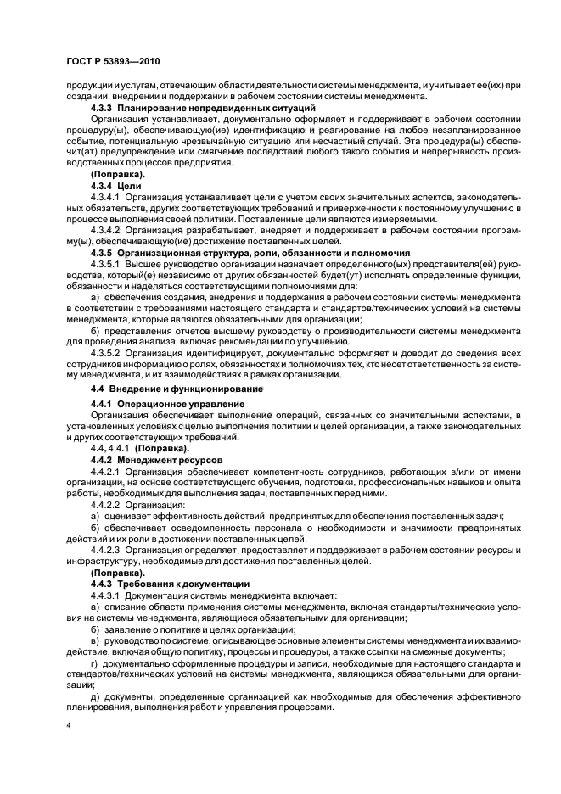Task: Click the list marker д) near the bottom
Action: [95, 696]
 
